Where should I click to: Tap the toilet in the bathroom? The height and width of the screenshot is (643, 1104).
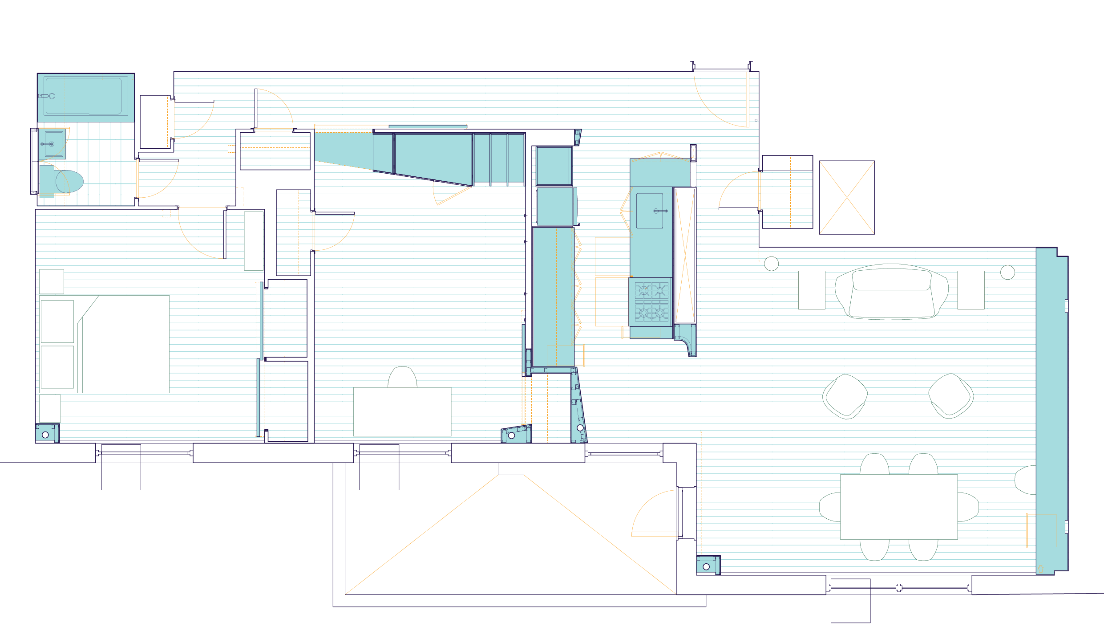[x=69, y=181]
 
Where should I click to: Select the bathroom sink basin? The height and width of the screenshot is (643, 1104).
[x=53, y=143]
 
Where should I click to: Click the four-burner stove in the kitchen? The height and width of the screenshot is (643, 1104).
[x=651, y=301]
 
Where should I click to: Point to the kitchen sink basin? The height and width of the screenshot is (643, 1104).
[x=649, y=211]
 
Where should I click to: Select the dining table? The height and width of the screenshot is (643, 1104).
[x=898, y=507]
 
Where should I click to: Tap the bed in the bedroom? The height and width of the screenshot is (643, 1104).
[x=105, y=344]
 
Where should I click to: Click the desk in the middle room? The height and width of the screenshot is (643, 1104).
[x=402, y=411]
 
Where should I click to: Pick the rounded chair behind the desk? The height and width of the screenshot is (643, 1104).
[x=402, y=377]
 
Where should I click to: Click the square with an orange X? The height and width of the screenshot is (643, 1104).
[x=847, y=197]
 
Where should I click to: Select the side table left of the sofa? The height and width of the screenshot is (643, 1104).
[x=812, y=290]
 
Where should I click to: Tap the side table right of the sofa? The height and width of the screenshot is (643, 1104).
[x=971, y=290]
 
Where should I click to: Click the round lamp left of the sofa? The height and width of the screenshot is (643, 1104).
[x=771, y=264]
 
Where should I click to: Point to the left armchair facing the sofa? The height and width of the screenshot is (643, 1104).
[x=845, y=396]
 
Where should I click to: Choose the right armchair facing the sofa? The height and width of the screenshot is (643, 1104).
[x=950, y=396]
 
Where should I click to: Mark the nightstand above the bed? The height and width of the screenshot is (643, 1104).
[x=52, y=281]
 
